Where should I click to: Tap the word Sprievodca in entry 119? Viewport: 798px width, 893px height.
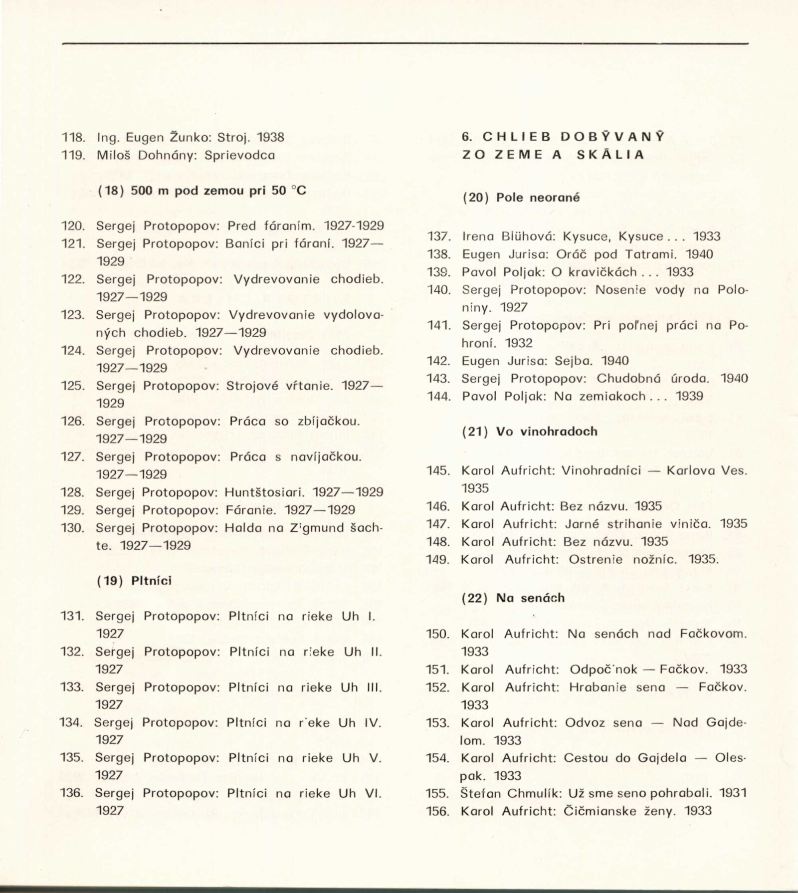tap(240, 155)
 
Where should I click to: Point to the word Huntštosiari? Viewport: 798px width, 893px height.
tap(264, 492)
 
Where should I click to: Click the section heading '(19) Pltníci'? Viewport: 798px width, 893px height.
tap(134, 581)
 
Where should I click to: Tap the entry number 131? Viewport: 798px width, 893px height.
tap(72, 616)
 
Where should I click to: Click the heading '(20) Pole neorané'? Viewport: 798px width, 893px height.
tap(521, 198)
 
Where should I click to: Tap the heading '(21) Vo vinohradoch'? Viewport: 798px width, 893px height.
tap(530, 432)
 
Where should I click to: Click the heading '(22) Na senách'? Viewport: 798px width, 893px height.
tap(514, 598)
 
